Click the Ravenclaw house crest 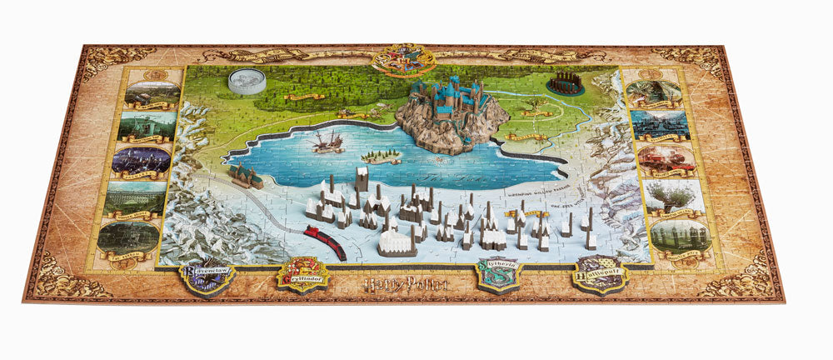pyautogui.click(x=207, y=274)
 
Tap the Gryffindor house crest pyautogui.click(x=302, y=273)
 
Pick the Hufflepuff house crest pyautogui.click(x=599, y=273)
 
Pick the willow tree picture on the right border pyautogui.click(x=671, y=197)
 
